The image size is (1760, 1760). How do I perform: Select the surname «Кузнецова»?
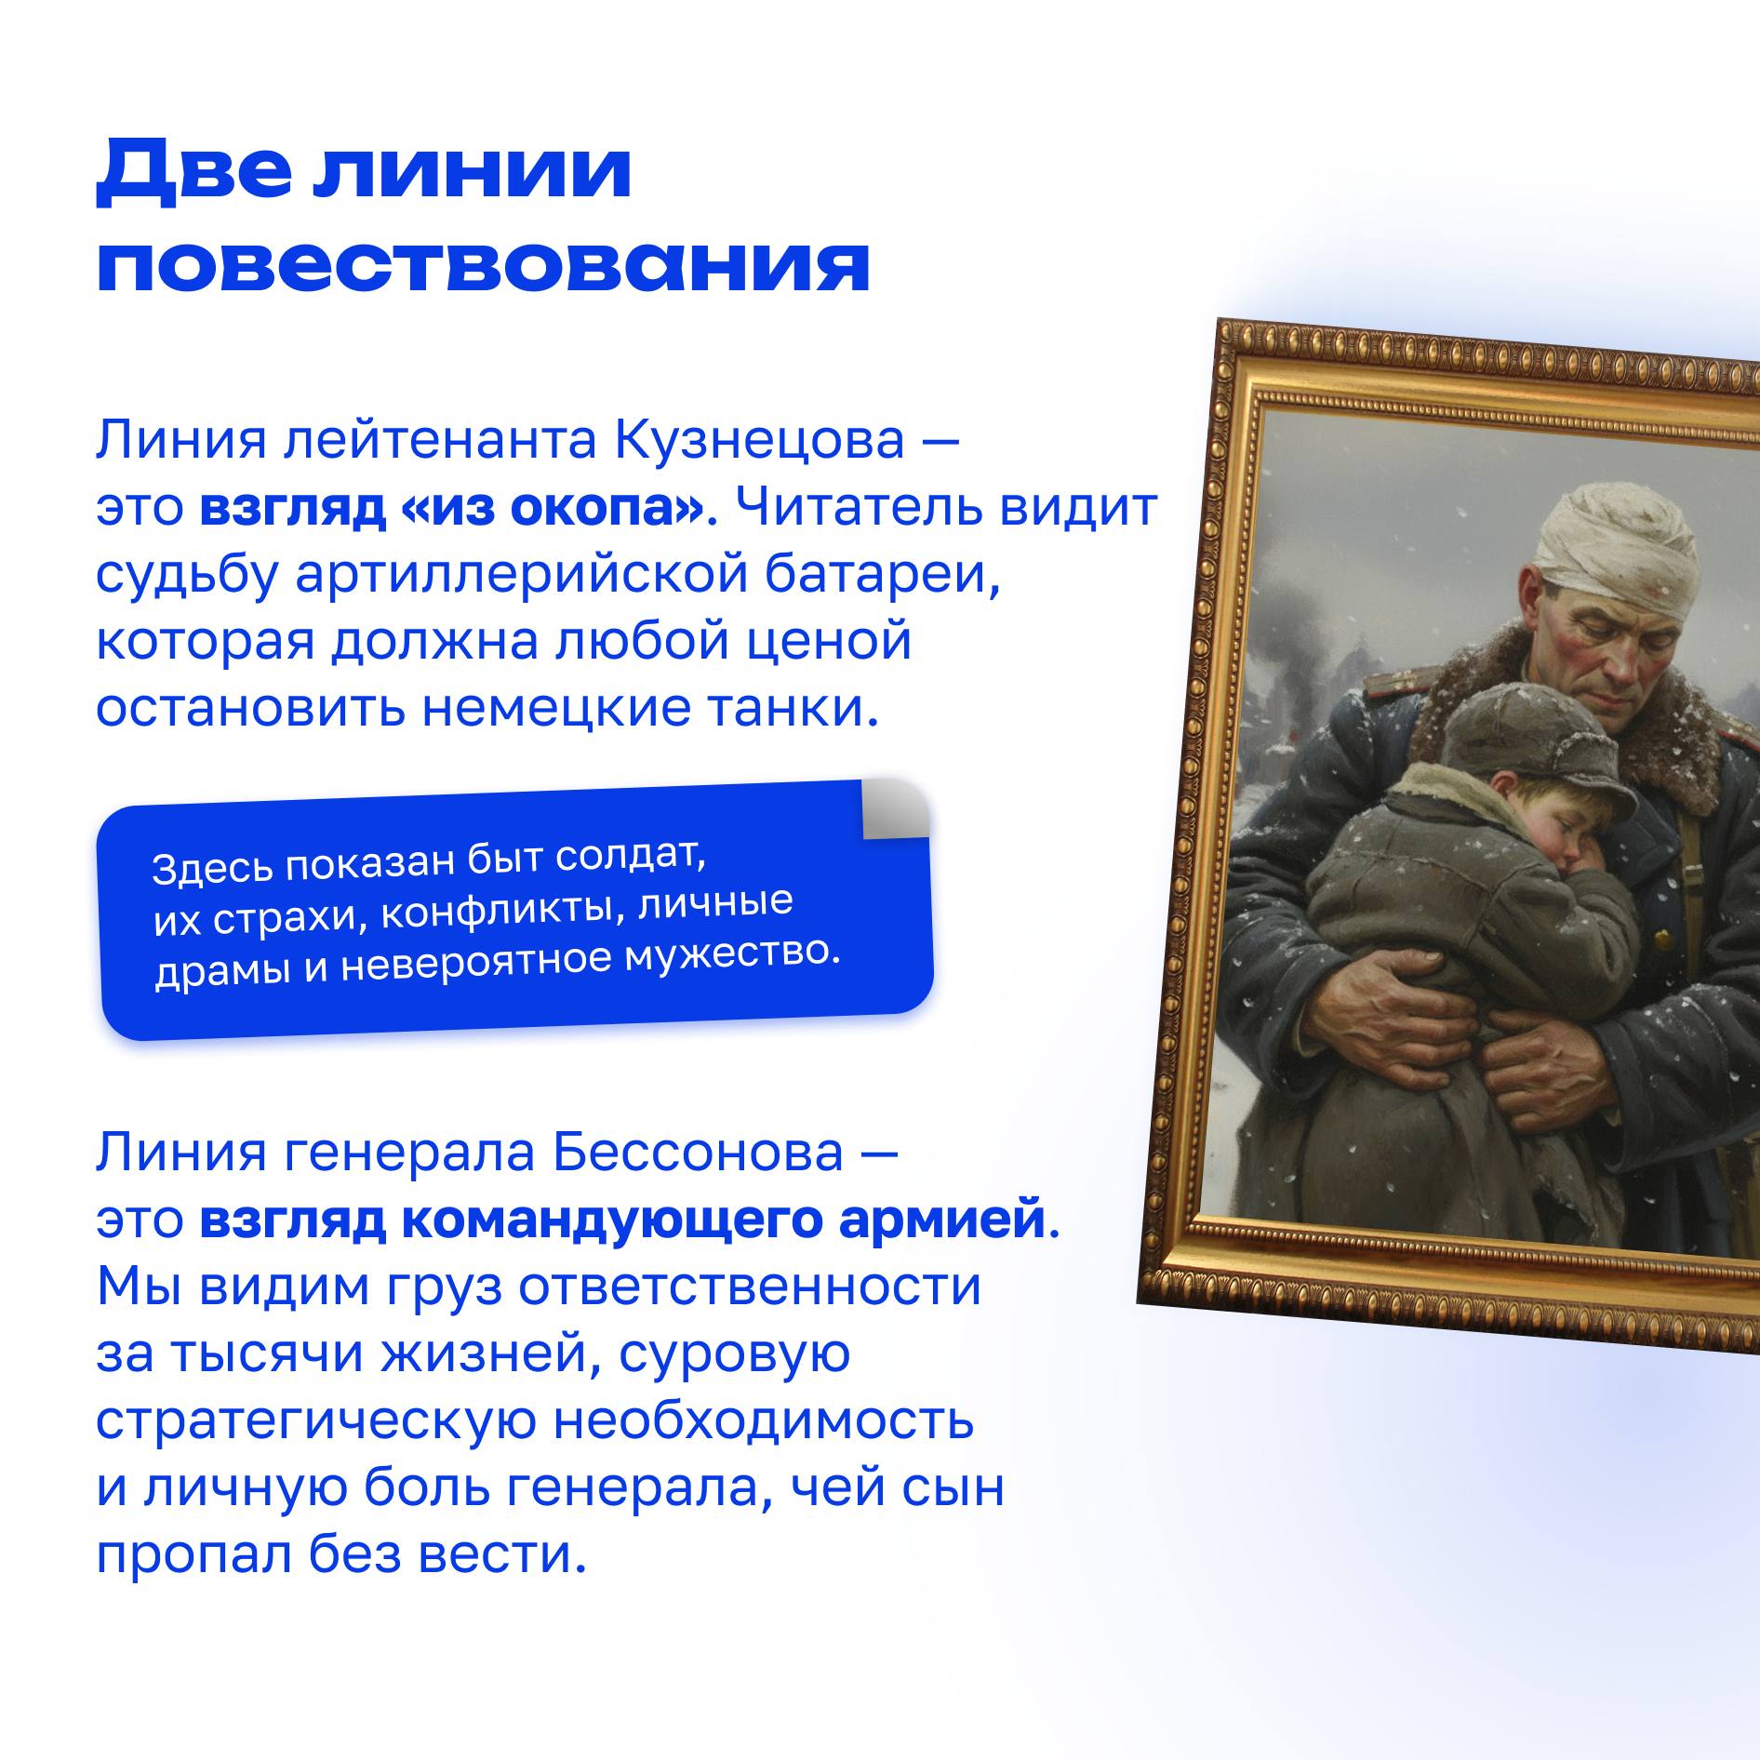tap(758, 440)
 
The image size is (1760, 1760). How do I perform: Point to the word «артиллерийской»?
tap(522, 575)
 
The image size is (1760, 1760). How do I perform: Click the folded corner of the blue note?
tap(895, 808)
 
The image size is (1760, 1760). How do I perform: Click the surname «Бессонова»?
tap(698, 1153)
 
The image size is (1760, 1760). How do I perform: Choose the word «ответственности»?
tap(749, 1287)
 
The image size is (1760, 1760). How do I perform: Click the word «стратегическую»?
tap(316, 1421)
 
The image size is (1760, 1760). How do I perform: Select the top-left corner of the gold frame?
tap(1220, 321)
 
